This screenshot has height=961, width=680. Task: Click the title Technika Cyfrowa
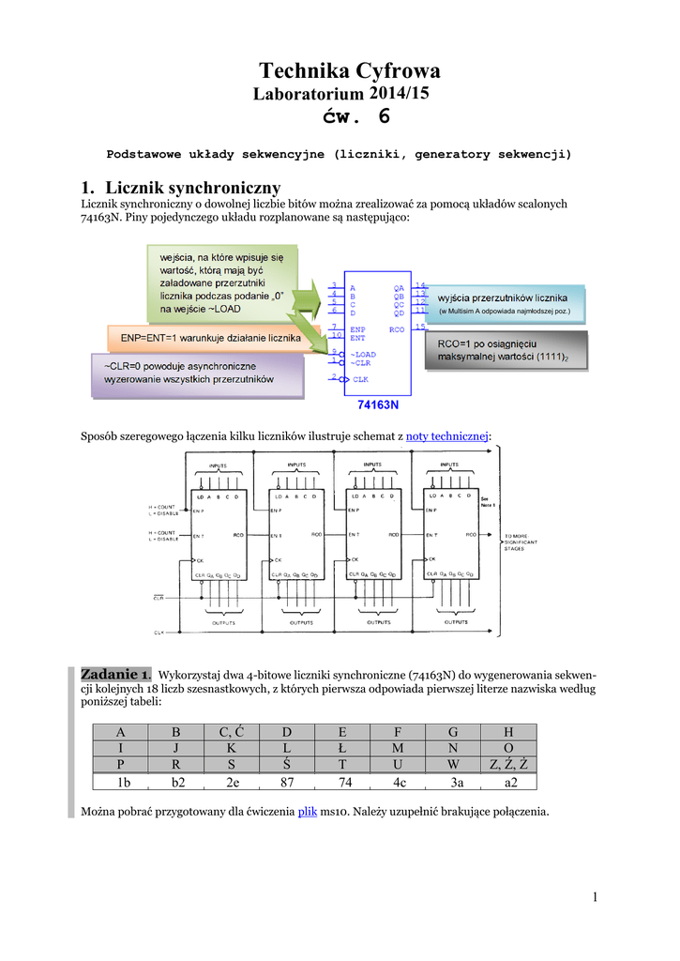point(349,71)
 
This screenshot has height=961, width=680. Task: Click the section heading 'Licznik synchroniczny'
point(181,188)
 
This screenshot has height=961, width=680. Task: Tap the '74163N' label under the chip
point(378,406)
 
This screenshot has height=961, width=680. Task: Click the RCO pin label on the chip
point(398,330)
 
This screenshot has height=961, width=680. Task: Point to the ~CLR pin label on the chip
point(363,361)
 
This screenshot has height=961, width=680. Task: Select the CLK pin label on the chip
point(360,379)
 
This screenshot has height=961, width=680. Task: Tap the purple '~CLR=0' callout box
point(197,373)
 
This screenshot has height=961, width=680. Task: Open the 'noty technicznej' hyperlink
point(446,436)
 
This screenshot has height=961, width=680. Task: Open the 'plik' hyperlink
point(308,810)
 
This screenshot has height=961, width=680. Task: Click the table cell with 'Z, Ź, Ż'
point(508,764)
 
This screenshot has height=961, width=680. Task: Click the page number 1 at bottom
point(595,899)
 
